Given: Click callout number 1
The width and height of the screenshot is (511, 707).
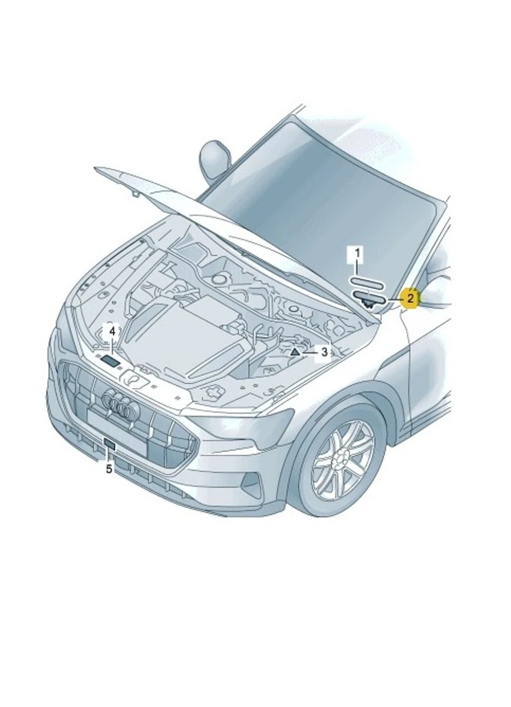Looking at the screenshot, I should [x=357, y=254].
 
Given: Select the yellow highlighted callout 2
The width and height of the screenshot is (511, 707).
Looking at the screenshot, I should [x=410, y=298].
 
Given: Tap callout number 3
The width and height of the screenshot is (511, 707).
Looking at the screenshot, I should [x=324, y=352].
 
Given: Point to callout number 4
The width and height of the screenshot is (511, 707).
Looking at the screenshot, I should [x=112, y=331].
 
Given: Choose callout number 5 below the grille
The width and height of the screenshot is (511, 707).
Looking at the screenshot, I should [x=109, y=469].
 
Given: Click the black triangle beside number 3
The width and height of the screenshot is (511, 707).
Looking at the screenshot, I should [x=294, y=352].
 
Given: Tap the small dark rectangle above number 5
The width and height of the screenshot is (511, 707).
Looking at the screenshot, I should [x=109, y=444].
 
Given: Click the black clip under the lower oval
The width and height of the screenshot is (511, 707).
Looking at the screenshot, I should [x=367, y=305].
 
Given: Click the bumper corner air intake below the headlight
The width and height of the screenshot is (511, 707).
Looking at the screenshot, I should [x=252, y=484].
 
